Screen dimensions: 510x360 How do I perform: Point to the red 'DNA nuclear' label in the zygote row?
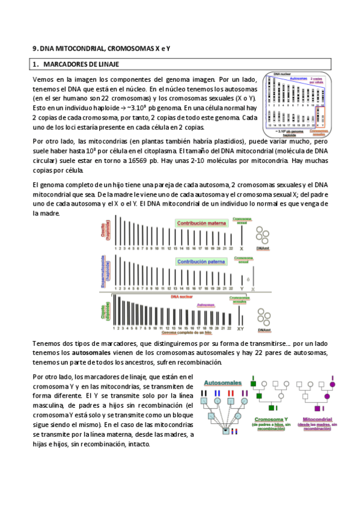(x=183, y=296)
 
